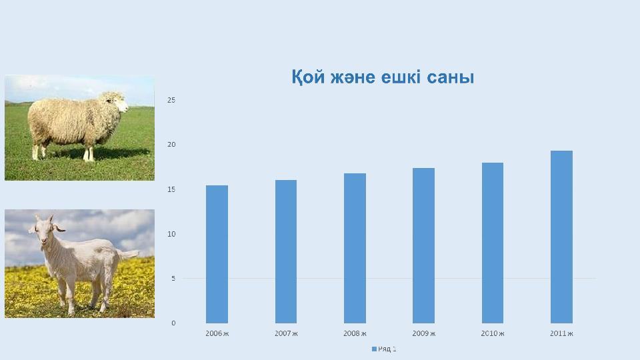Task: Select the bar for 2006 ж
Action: coord(217,254)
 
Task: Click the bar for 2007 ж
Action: coord(286,251)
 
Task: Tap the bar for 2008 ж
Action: coord(355,248)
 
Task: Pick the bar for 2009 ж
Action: coord(424,245)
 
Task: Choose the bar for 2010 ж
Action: coord(493,243)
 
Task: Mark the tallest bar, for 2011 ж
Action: coord(561,237)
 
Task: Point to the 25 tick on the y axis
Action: coord(171,100)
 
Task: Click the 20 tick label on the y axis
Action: coord(171,145)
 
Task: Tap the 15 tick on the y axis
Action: coord(171,189)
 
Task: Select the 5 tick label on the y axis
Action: coord(173,279)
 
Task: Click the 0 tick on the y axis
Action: coord(173,323)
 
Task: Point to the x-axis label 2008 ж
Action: coord(355,333)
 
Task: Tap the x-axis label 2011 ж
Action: coord(561,333)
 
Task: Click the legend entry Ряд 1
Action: coord(384,349)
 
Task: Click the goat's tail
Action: coord(128,254)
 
